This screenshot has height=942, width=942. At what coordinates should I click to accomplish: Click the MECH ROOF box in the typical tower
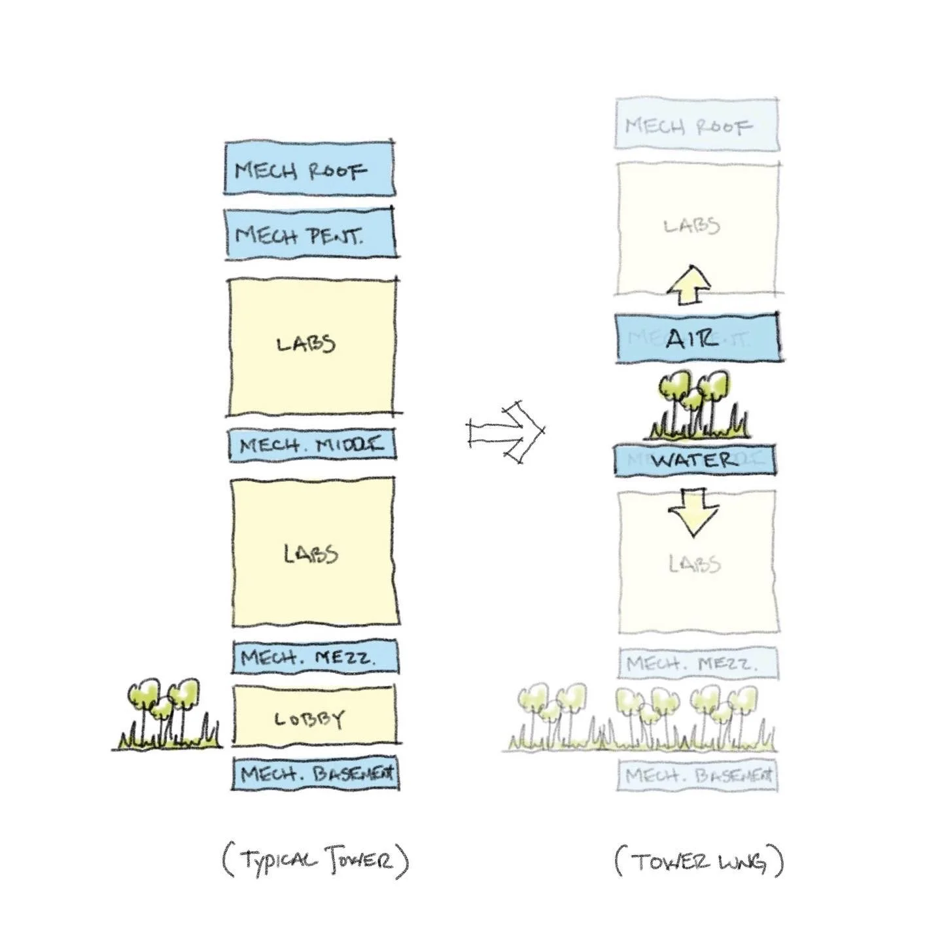(309, 168)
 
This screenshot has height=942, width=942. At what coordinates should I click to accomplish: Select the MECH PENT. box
(310, 234)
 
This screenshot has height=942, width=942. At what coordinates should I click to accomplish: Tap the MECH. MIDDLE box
(312, 445)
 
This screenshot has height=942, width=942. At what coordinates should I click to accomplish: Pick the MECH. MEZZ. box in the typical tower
(315, 657)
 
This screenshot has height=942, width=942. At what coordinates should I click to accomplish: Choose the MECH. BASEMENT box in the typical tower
(315, 774)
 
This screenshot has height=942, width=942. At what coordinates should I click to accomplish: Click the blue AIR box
(697, 338)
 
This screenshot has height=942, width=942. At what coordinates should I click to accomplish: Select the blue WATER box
(694, 460)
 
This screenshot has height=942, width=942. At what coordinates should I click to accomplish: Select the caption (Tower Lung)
(699, 860)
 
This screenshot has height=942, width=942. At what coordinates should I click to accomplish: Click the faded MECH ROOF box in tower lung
(697, 124)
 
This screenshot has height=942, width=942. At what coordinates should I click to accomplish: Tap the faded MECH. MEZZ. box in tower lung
(698, 663)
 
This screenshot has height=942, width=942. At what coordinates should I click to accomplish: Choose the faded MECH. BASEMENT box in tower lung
(698, 776)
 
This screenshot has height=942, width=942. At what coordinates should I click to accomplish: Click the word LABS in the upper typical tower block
(306, 343)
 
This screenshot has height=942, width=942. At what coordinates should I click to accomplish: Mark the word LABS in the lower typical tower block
(311, 554)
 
